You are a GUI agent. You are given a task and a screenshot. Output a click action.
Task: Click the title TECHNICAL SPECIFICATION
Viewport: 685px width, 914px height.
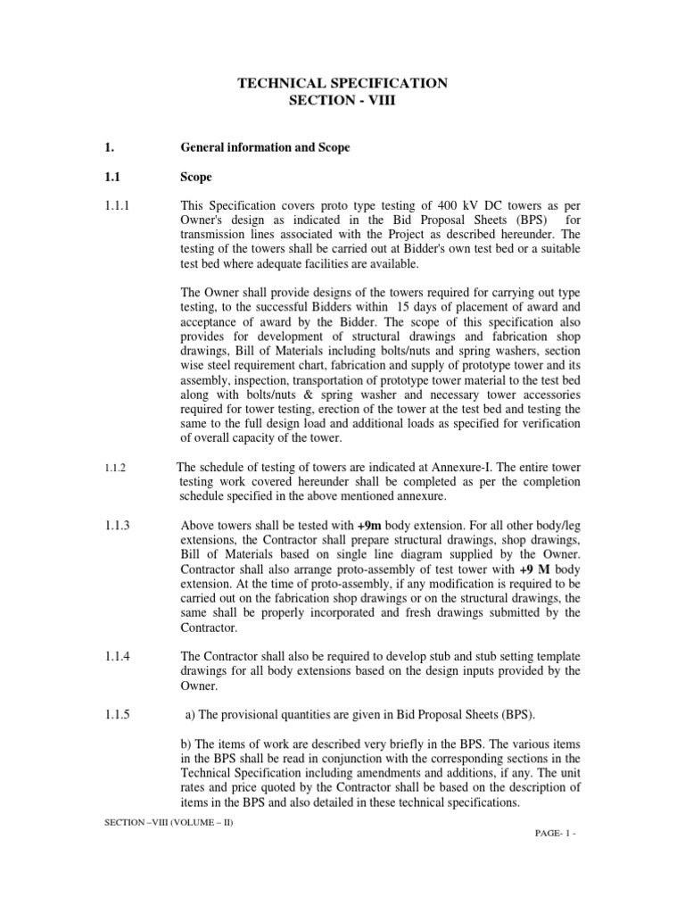click(342, 83)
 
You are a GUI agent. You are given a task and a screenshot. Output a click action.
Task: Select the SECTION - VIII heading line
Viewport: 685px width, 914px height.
click(342, 101)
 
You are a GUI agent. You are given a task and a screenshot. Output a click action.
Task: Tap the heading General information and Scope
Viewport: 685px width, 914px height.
click(265, 147)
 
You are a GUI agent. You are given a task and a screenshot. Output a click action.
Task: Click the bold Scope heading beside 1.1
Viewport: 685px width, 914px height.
click(196, 178)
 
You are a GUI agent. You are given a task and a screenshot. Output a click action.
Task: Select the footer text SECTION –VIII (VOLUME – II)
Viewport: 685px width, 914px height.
click(169, 821)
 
